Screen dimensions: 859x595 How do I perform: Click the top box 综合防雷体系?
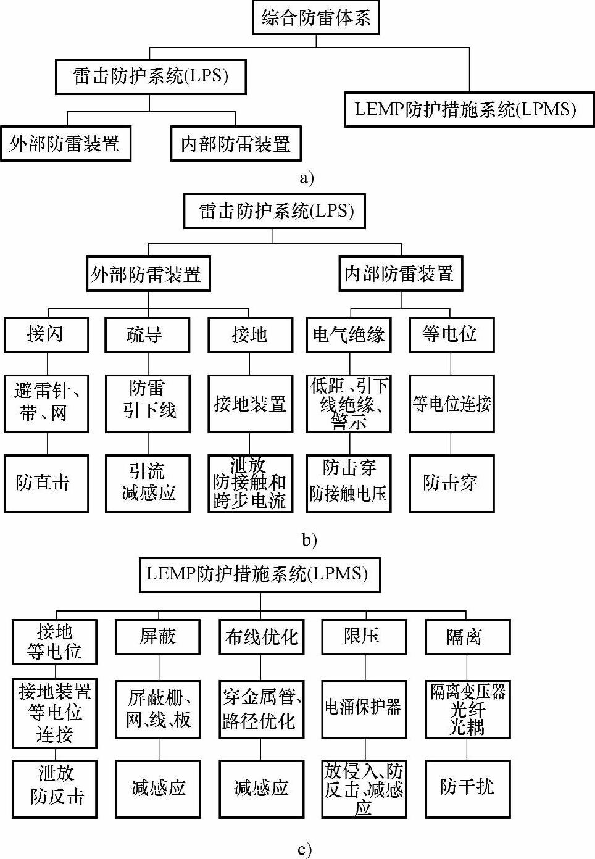[x=315, y=17]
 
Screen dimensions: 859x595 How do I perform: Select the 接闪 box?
[x=46, y=334]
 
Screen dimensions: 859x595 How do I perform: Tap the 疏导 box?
[x=147, y=334]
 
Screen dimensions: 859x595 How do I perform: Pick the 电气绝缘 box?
[x=348, y=334]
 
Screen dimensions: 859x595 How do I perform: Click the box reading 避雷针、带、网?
[x=46, y=403]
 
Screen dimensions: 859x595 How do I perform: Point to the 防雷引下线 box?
[x=148, y=403]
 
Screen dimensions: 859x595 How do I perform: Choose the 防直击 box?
[x=46, y=483]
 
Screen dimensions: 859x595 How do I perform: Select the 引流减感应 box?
[x=148, y=483]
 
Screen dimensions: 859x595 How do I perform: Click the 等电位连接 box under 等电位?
[x=451, y=404]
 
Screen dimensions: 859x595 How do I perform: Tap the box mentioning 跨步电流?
[x=249, y=483]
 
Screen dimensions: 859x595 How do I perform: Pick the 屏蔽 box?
[x=157, y=637]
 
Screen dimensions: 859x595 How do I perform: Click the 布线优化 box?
[x=261, y=637]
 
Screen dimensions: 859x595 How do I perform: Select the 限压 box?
[x=364, y=637]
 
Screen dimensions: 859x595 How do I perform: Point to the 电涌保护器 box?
[x=364, y=708]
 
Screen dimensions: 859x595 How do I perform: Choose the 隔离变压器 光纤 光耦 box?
[x=467, y=708]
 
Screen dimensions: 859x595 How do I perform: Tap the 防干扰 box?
[x=467, y=788]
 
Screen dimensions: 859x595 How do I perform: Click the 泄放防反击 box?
[x=54, y=788]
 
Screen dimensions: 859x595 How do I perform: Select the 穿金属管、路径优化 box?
[x=261, y=708]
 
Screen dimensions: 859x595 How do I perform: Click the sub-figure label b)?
[x=309, y=540]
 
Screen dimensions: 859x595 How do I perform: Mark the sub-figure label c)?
[x=304, y=850]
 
